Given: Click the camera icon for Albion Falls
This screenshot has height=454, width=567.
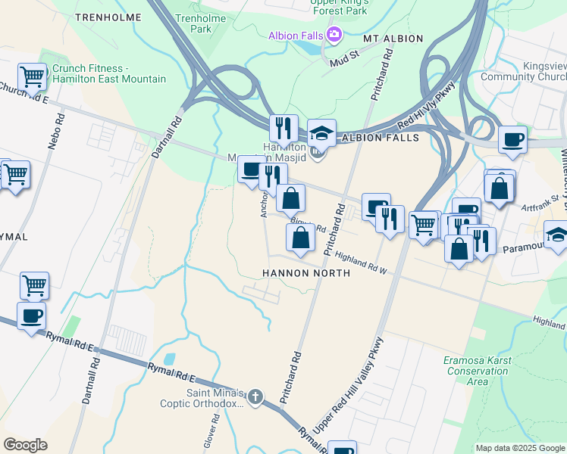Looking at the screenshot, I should pos(334,35).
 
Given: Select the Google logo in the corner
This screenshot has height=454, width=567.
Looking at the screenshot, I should pos(25,445).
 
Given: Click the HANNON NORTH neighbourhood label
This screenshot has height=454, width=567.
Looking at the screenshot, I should pos(305,272).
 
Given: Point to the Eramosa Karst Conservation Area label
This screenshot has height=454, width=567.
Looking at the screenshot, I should pos(478,371).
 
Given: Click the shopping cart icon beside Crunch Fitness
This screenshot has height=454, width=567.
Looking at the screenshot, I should pos(32,76).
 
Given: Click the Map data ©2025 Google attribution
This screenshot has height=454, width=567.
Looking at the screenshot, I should pos(519,448).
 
